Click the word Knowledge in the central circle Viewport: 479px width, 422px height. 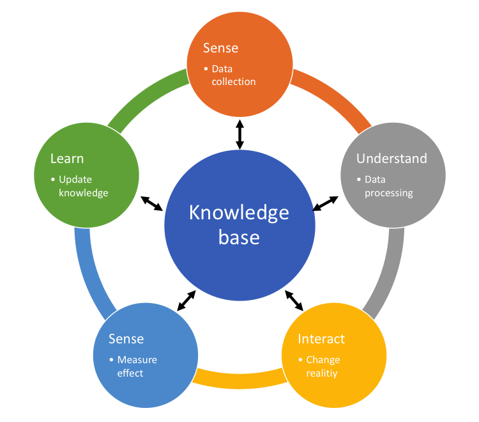239,213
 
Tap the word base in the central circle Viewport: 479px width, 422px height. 239,237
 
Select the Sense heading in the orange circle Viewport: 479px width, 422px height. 220,48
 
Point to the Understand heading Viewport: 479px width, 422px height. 392,159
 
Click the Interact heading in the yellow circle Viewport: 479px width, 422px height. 321,339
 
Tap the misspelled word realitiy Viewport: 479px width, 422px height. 322,373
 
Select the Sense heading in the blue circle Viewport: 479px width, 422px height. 126,339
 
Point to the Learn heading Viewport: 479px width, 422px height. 67,159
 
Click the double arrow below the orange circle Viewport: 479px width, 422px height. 240,134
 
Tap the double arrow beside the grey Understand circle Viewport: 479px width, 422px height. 325,204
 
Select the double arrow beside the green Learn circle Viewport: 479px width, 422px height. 151,204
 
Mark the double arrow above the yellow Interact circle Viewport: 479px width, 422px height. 294,301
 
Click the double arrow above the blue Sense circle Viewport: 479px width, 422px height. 186,301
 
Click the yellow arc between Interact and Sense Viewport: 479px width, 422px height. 240,381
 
